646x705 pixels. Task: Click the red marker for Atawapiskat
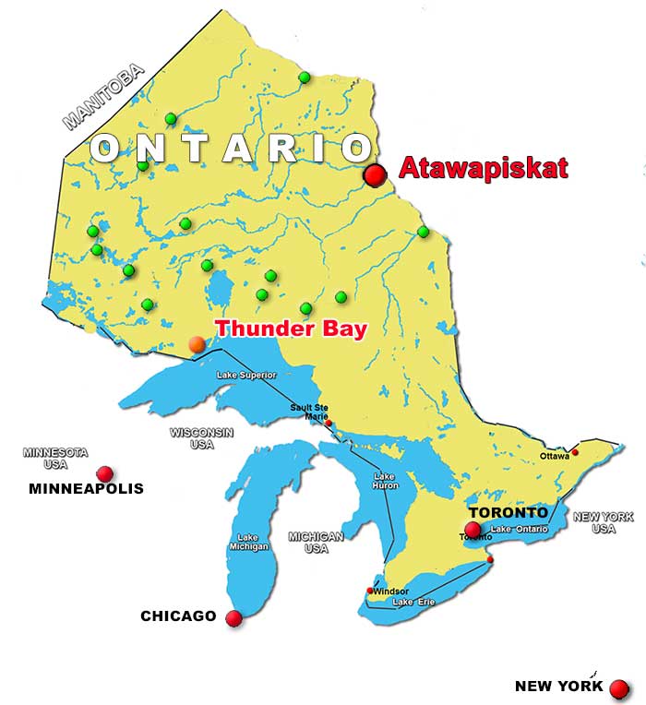[375, 175]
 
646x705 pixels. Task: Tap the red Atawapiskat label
[483, 168]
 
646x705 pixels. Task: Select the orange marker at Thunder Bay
[197, 344]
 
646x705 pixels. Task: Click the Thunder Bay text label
[291, 329]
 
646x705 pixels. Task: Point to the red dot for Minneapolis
[105, 473]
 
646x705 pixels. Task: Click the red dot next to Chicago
[233, 618]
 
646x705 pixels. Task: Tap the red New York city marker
[619, 688]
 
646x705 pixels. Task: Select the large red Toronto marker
[473, 530]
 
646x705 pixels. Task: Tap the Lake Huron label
[384, 482]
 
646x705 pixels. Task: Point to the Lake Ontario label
[520, 529]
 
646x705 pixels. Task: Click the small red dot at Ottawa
[574, 452]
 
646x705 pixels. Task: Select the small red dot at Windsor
[371, 591]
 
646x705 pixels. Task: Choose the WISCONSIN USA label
[201, 438]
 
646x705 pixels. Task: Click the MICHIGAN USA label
[316, 542]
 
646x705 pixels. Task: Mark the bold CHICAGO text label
[178, 616]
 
